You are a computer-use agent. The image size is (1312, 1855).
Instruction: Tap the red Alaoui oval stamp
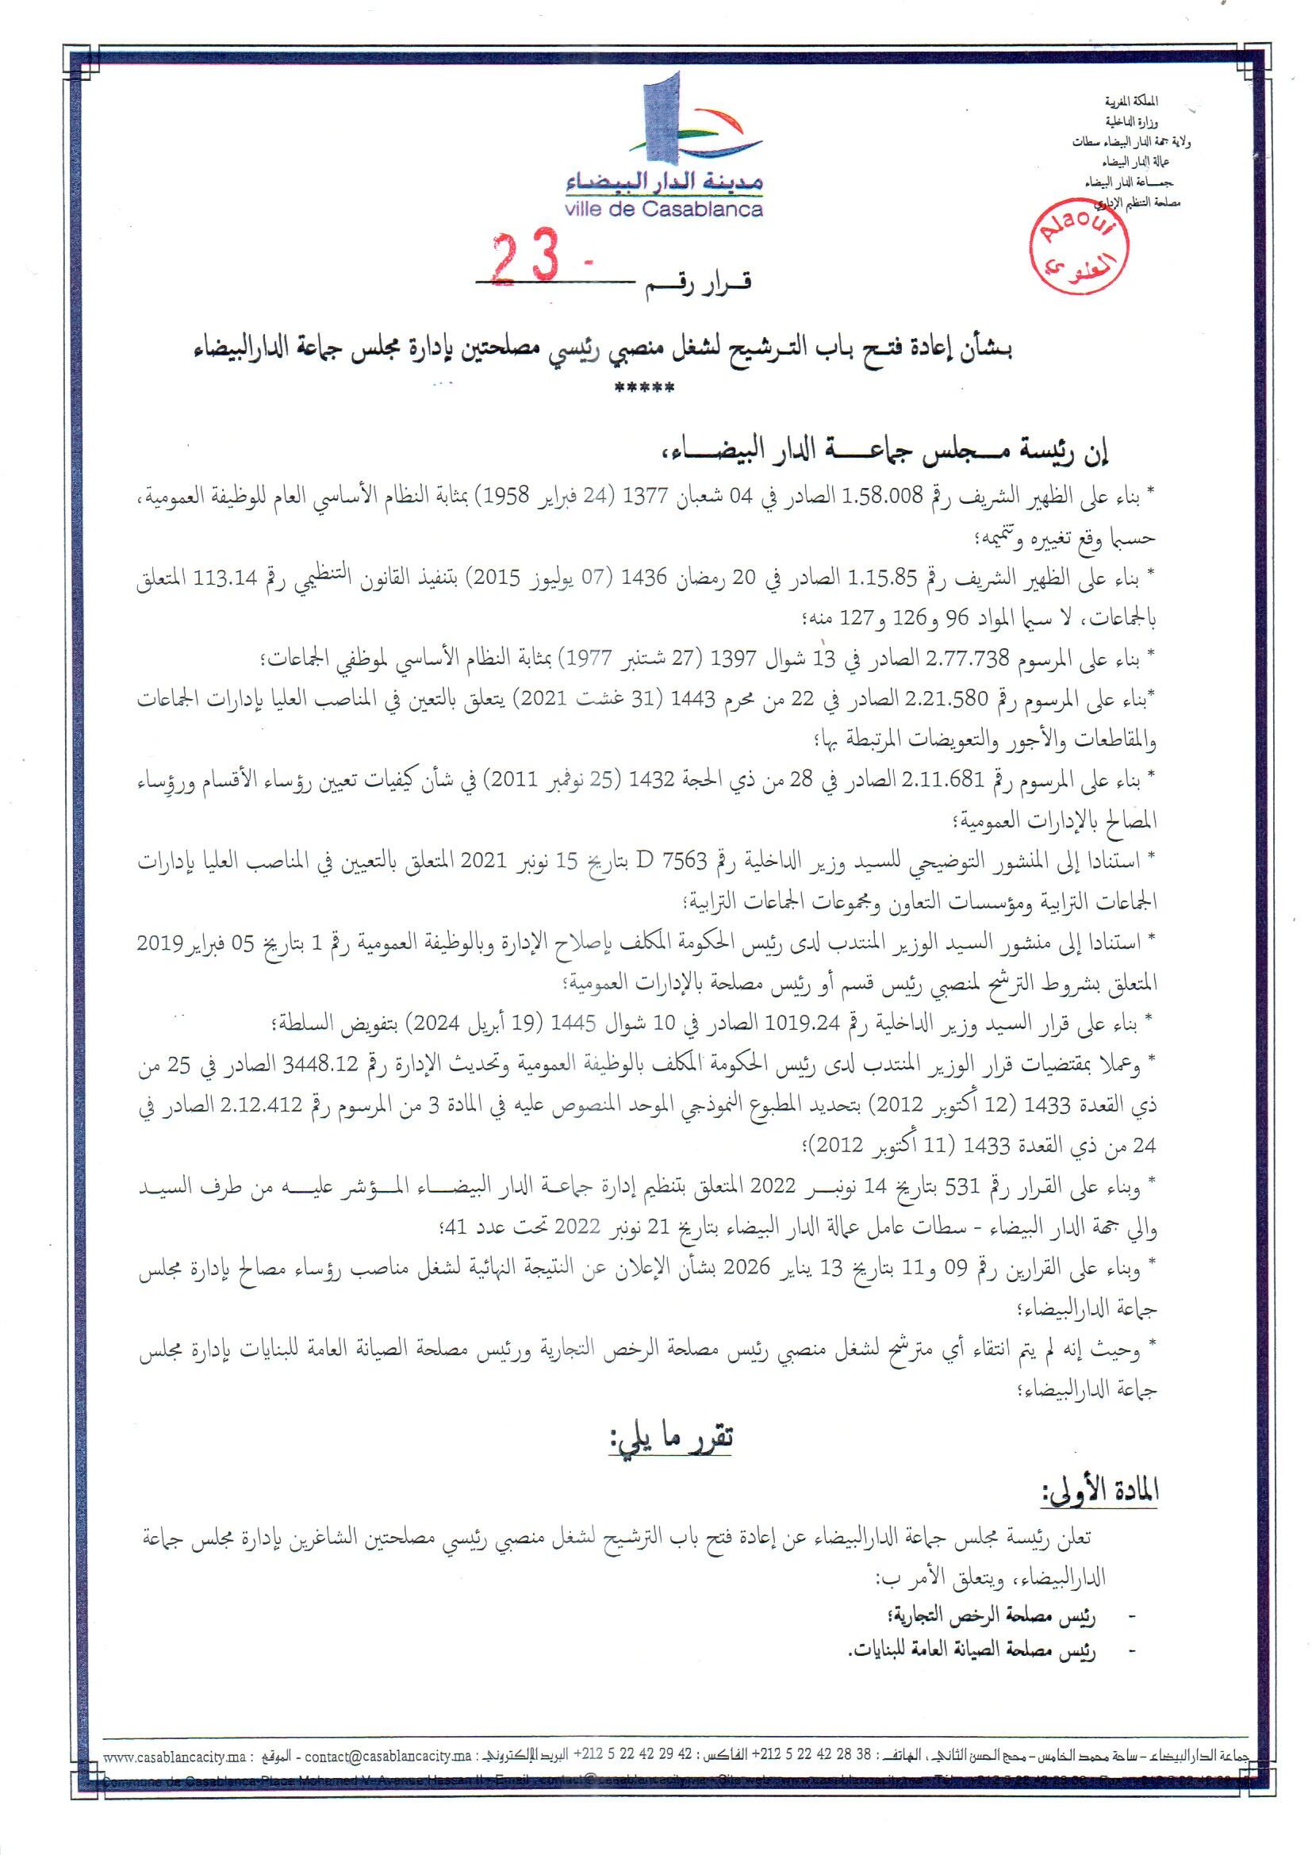pyautogui.click(x=1083, y=248)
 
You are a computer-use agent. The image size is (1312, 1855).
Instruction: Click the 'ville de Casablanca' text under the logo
pyautogui.click(x=665, y=210)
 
